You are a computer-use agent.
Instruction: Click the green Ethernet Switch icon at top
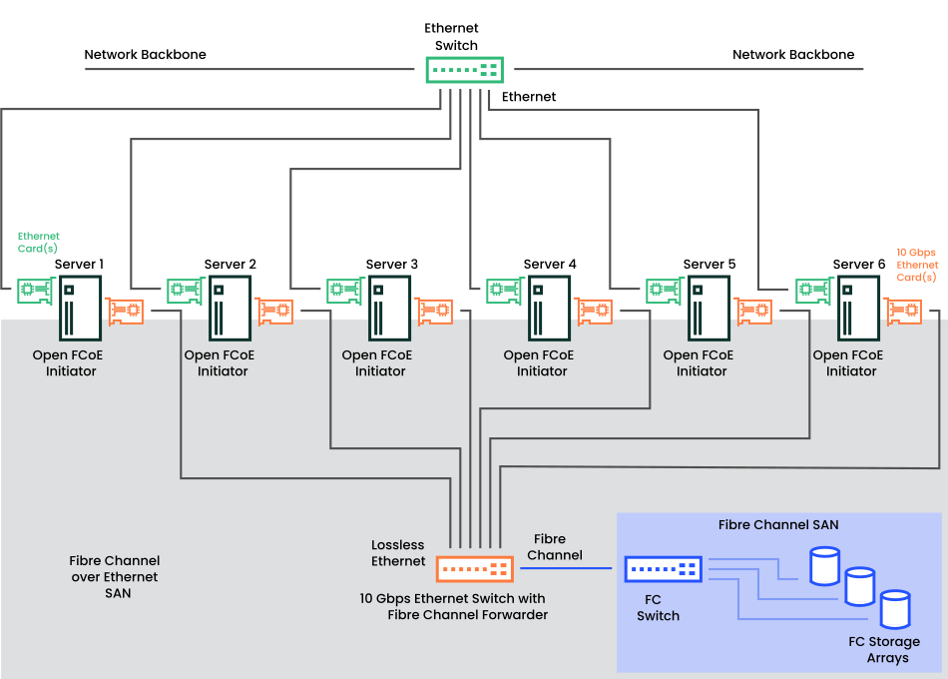point(464,70)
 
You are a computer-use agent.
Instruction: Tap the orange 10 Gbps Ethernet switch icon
point(475,569)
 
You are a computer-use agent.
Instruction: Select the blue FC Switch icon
point(664,569)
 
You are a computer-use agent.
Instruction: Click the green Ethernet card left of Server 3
point(345,292)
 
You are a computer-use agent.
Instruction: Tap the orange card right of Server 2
point(274,311)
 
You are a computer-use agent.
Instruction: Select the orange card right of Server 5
point(753,311)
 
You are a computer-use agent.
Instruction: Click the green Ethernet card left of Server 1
point(34,292)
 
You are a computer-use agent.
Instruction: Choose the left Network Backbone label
point(145,55)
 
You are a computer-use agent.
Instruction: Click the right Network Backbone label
point(793,55)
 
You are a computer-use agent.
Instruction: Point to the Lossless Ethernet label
point(398,553)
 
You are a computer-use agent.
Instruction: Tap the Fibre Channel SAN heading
point(778,524)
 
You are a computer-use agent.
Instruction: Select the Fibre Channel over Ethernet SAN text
point(114,577)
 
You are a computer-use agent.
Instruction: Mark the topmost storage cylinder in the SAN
point(824,565)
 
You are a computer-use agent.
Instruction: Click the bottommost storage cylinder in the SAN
point(895,609)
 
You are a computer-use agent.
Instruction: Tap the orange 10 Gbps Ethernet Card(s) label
point(916,265)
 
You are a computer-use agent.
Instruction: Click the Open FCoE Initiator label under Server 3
point(380,362)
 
